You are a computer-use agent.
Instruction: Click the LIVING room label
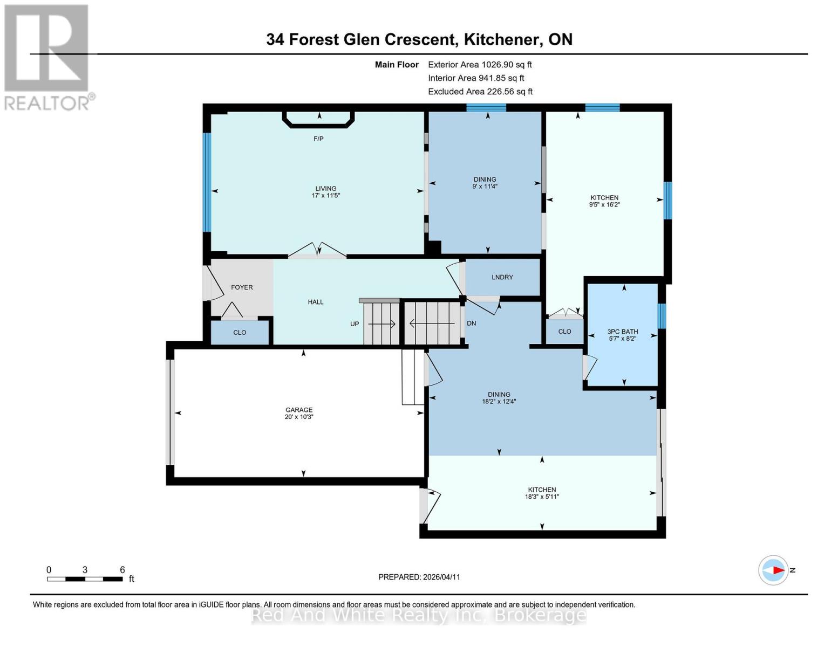(325, 189)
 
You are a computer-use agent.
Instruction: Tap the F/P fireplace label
(318, 139)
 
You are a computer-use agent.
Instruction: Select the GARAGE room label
(299, 410)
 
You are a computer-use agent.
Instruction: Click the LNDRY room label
(502, 277)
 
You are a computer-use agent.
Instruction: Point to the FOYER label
(242, 287)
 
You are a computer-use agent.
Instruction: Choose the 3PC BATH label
(622, 332)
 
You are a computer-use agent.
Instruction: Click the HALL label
(316, 302)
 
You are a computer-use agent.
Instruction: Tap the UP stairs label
(355, 324)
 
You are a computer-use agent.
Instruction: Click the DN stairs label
(471, 323)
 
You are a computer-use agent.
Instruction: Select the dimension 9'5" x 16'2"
(604, 205)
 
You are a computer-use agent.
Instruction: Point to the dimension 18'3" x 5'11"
(542, 497)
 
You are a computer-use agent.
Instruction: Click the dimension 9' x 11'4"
(485, 187)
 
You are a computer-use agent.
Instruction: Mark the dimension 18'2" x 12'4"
(499, 401)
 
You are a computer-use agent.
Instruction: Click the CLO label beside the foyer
(240, 333)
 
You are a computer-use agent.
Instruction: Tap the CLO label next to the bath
(564, 332)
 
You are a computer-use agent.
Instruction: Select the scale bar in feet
(84, 579)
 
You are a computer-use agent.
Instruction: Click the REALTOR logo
(47, 57)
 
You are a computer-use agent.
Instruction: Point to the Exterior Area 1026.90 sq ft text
(480, 65)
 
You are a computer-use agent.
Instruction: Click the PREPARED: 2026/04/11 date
(419, 577)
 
